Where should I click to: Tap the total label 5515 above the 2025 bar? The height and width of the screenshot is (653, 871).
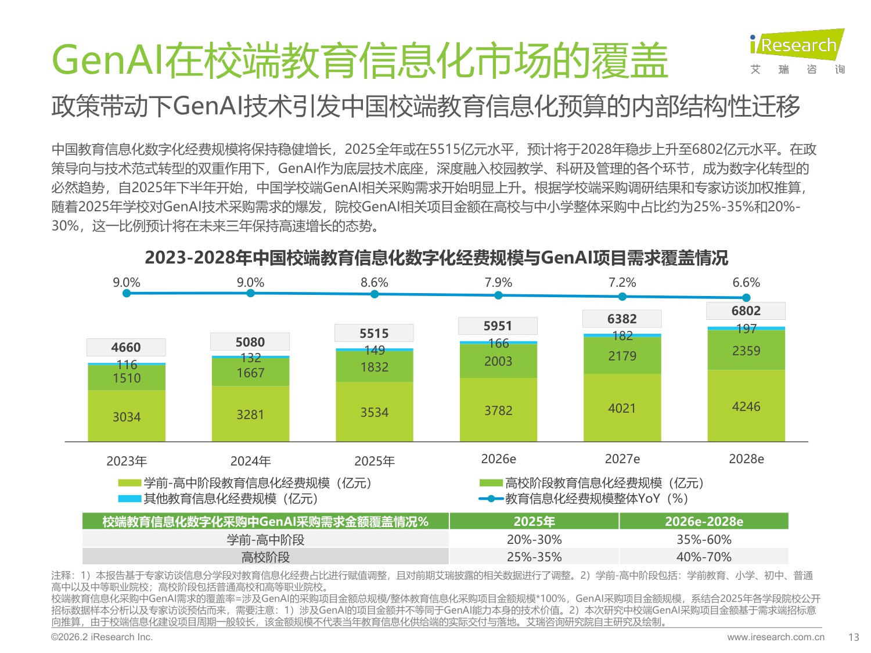(x=374, y=333)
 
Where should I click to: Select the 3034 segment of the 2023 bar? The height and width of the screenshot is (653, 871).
(x=127, y=416)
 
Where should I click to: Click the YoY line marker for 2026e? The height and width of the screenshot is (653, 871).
(x=498, y=295)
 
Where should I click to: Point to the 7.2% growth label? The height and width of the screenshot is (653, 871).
(x=622, y=283)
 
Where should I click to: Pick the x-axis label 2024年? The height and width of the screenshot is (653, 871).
(x=250, y=461)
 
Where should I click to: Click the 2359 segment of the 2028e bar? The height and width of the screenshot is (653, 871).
(x=746, y=351)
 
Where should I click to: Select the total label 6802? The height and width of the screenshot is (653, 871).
(x=746, y=311)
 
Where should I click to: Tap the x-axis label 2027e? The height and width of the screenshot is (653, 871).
(x=622, y=459)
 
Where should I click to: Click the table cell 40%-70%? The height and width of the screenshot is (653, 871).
(x=704, y=557)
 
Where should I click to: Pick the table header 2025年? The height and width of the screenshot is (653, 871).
(x=534, y=521)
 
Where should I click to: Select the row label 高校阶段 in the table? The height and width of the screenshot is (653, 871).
(x=265, y=557)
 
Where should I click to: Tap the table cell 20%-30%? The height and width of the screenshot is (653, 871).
(x=534, y=539)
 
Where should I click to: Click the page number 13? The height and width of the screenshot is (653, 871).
(x=853, y=637)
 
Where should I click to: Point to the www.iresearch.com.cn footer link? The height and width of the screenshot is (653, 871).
(x=775, y=637)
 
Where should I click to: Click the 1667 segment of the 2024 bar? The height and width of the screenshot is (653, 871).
(x=250, y=373)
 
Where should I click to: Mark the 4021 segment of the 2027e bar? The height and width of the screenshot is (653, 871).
(x=622, y=408)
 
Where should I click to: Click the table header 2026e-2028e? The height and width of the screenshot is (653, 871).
(x=704, y=521)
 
